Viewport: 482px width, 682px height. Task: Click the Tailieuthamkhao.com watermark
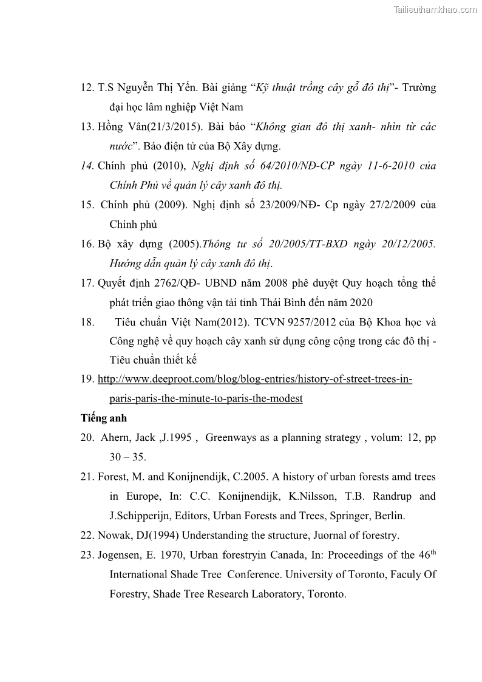pyautogui.click(x=435, y=9)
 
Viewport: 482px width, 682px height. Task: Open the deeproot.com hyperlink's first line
pyautogui.click(x=255, y=380)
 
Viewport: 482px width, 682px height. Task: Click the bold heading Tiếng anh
pyautogui.click(x=104, y=418)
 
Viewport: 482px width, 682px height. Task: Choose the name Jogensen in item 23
pyautogui.click(x=118, y=555)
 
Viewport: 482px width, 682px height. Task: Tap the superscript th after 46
pyautogui.click(x=433, y=551)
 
